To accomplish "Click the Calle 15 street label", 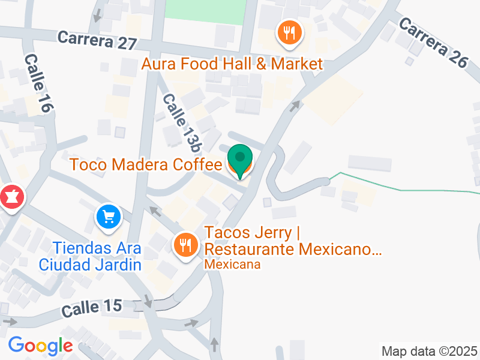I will click(x=92, y=308).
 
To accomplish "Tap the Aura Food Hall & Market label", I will click(x=232, y=64).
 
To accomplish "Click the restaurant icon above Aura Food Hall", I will click(x=290, y=33).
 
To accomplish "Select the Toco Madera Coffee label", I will click(x=146, y=164).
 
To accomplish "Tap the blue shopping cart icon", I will click(x=109, y=217).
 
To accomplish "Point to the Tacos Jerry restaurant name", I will click(x=293, y=240).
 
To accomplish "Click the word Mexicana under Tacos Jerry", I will click(x=233, y=264).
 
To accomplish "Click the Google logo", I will click(x=40, y=346).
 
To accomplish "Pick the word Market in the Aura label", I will click(x=298, y=64).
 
